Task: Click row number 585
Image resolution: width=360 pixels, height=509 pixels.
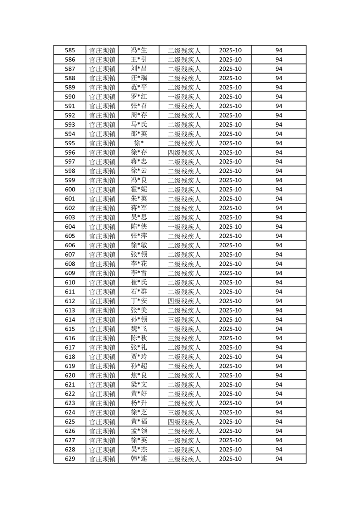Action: [x=70, y=50]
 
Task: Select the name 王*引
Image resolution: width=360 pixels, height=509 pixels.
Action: [x=138, y=59]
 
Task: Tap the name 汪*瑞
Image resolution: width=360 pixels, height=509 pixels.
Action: [x=138, y=78]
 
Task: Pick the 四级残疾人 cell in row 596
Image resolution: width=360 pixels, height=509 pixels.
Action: [x=184, y=152]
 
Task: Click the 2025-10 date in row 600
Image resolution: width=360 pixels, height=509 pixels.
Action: [x=230, y=190]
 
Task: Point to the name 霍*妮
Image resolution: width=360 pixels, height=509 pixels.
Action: [x=138, y=190]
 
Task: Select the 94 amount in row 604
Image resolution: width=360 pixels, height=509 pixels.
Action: [x=279, y=227]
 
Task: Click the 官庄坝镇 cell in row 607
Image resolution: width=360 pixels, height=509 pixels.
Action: [x=102, y=254]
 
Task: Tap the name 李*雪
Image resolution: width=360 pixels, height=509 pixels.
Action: [x=138, y=273]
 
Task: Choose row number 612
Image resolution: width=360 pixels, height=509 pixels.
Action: [x=70, y=301]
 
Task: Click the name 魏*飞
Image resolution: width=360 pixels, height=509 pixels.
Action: [x=138, y=329]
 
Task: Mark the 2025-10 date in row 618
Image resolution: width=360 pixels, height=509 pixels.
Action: [x=230, y=357]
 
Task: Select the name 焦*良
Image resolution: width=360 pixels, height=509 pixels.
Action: [x=138, y=375]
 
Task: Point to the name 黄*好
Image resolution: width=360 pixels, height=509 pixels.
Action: [x=138, y=394]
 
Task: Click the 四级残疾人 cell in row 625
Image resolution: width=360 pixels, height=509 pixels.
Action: [x=184, y=422]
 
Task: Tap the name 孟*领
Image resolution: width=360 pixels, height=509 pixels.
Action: [x=138, y=431]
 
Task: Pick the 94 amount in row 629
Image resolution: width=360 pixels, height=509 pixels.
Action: [x=279, y=459]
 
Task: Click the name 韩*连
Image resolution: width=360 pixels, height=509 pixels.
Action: [x=138, y=459]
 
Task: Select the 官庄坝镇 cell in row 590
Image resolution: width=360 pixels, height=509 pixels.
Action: [x=102, y=97]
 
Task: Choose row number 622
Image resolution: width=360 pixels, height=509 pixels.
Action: [x=70, y=394]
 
